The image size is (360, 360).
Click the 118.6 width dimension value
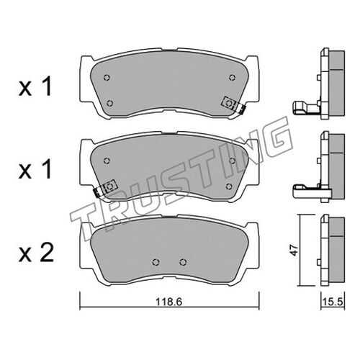pos(169,302)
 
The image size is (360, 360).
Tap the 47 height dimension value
pos(294,251)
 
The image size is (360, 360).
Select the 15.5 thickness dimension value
pos(332,302)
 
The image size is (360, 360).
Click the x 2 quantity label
pos(36,253)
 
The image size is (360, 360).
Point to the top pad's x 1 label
pos(35,87)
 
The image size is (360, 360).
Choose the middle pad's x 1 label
pos(35,170)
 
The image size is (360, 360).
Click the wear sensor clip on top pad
pos(233,105)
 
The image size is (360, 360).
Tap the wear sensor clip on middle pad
pos(106,188)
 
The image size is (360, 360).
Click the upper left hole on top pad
pos(107,78)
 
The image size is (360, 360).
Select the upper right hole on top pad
pos(232,77)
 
